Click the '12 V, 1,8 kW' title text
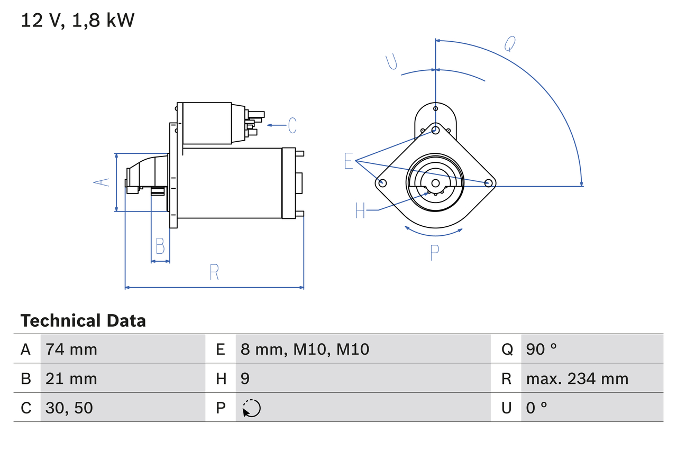pyautogui.click(x=78, y=20)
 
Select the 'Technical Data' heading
pyautogui.click(x=83, y=321)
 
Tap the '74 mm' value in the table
pyautogui.click(x=71, y=349)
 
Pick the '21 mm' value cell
pyautogui.click(x=71, y=379)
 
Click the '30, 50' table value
pyautogui.click(x=69, y=408)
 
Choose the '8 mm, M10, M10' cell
pyautogui.click(x=305, y=349)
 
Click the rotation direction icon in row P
pyautogui.click(x=252, y=408)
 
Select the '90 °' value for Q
pyautogui.click(x=542, y=349)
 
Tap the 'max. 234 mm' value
pyautogui.click(x=577, y=379)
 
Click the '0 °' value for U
pyautogui.click(x=537, y=408)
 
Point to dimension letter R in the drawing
pyautogui.click(x=214, y=272)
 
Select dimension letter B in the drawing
pyautogui.click(x=160, y=246)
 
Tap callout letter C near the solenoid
pyautogui.click(x=292, y=125)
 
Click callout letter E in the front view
pyautogui.click(x=348, y=161)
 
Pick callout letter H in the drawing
pyautogui.click(x=360, y=210)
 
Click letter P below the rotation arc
pyautogui.click(x=434, y=253)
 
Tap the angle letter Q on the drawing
pyautogui.click(x=509, y=44)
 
